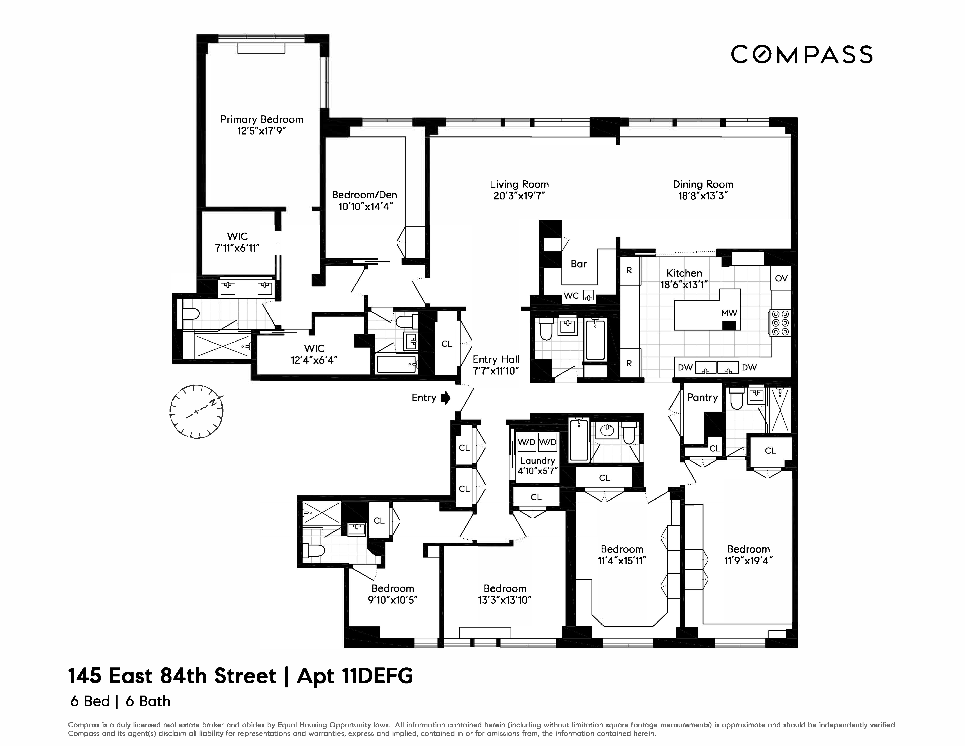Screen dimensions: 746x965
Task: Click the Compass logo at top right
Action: [x=802, y=55]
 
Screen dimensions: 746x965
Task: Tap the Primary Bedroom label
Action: [x=262, y=119]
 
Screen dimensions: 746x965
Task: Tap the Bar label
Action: [x=578, y=264]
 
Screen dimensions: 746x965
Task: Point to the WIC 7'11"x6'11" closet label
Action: [x=237, y=242]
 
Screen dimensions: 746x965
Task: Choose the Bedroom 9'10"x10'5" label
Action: [x=393, y=594]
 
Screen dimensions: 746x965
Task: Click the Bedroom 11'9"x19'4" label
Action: [x=749, y=555]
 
